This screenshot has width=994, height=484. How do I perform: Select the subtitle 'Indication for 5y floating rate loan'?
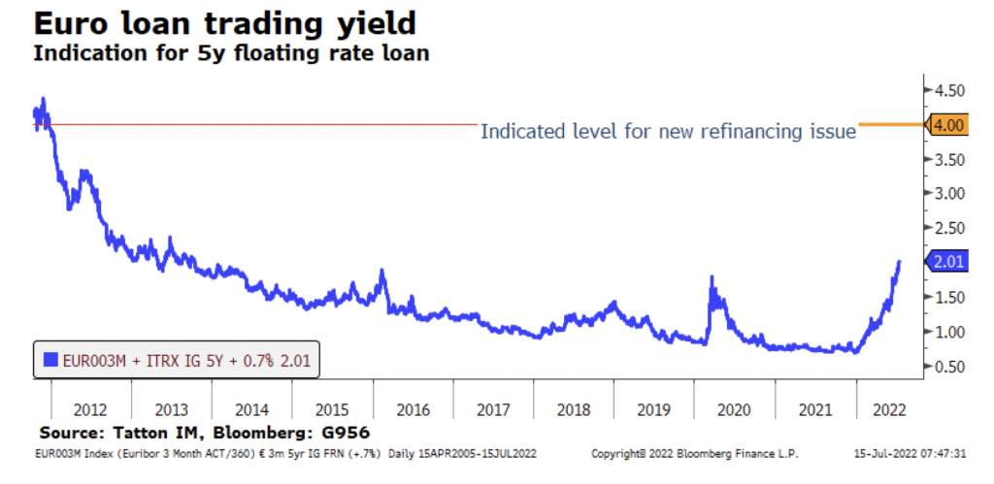[231, 52]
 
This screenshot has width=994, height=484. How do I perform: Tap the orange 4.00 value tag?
[947, 125]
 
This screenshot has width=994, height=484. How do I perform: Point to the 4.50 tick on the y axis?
[948, 90]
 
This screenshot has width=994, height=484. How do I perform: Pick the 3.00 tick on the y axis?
[948, 193]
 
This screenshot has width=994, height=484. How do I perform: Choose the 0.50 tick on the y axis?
[948, 366]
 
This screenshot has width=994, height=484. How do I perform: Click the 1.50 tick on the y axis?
[948, 297]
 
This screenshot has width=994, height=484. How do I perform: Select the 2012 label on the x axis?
[89, 408]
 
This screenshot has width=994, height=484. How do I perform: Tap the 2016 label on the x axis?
[414, 408]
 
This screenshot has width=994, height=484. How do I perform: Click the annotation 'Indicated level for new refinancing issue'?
[668, 131]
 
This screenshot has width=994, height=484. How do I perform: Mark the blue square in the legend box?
[50, 361]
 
